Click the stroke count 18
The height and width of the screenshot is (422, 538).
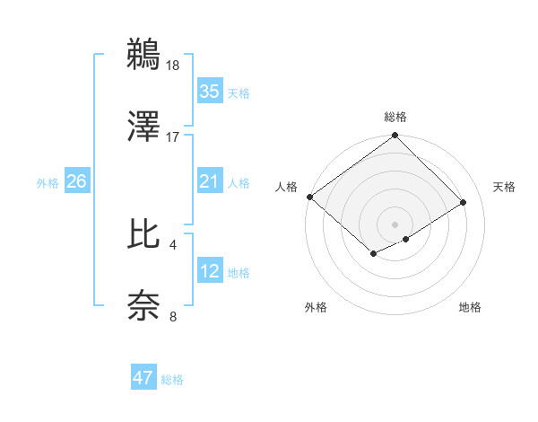174,65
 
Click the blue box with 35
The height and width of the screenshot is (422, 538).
209,92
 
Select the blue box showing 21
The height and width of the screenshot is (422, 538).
209,181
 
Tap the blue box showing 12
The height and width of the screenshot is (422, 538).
209,271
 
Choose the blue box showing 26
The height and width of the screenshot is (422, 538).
76,181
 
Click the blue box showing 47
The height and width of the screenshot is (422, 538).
143,378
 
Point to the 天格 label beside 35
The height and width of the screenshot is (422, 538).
239,93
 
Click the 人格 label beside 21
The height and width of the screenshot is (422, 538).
239,183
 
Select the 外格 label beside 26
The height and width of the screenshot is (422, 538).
48,183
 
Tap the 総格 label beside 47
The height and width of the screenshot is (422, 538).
173,380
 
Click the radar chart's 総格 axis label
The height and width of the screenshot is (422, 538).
395,118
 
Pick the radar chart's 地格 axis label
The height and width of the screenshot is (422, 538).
470,307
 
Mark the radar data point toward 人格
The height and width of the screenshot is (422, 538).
309,197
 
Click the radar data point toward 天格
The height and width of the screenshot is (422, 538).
464,202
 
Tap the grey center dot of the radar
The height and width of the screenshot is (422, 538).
395,223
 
